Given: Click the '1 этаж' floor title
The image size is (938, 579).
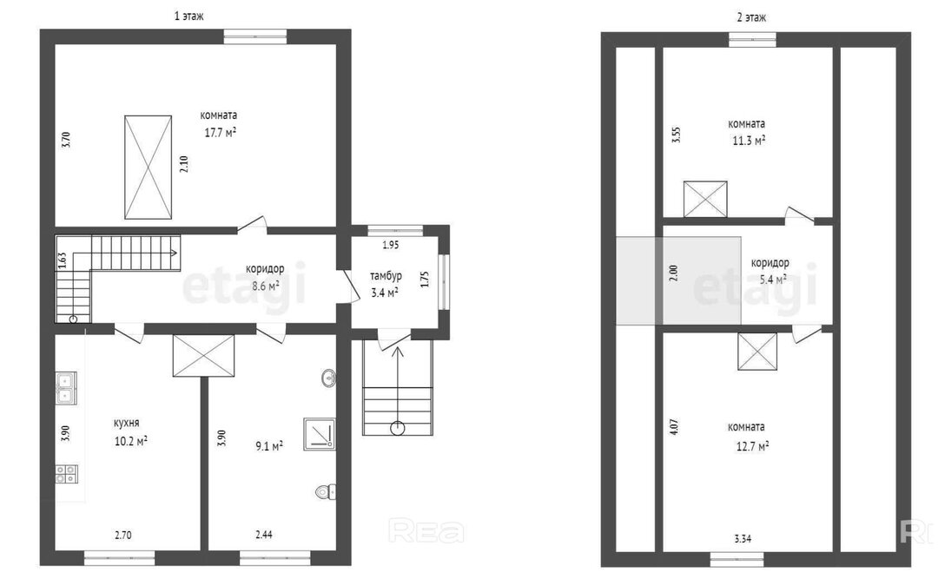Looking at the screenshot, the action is click(188, 16).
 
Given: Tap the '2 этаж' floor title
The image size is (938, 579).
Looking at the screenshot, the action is click(751, 17).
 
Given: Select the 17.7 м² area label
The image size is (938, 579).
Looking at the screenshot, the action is click(220, 132).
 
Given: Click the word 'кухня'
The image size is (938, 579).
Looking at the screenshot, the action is click(126, 423).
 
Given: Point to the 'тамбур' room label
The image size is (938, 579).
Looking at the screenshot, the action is click(386, 276).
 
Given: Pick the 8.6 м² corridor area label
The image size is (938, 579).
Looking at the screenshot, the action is click(266, 286).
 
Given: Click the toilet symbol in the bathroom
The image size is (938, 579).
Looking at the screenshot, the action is click(326, 491).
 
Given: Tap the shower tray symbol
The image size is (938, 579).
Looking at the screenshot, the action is click(320, 434).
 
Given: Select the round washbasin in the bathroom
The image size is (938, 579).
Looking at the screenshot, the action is click(328, 378).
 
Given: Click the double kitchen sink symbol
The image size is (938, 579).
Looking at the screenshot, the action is click(66, 387).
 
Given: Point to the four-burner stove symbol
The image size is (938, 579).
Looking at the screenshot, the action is click(66, 474).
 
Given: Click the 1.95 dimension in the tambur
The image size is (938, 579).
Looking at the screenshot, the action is click(391, 245).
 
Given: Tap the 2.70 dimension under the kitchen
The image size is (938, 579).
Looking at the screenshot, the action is click(123, 536).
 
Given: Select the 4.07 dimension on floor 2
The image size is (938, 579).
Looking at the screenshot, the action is click(674, 426).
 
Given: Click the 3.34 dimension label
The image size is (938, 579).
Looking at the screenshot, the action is click(743, 538).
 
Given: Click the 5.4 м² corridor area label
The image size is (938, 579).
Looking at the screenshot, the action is click(771, 279).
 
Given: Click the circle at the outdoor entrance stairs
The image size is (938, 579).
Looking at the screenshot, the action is click(397, 428).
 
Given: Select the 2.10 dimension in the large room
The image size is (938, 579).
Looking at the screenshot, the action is click(184, 164).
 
